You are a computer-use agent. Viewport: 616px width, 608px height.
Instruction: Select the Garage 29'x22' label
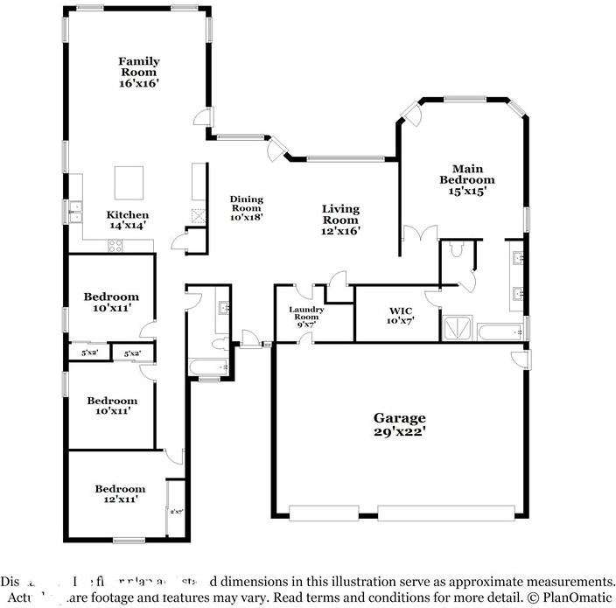401,424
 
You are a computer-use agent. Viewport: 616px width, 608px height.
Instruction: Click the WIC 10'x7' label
400,315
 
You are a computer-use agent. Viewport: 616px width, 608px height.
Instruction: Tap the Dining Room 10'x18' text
247,208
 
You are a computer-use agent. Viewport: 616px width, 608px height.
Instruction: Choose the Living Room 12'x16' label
340,220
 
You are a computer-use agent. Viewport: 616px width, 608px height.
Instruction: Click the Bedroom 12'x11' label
120,493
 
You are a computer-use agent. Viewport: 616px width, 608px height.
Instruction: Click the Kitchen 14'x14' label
128,220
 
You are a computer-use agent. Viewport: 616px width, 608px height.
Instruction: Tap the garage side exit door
521,359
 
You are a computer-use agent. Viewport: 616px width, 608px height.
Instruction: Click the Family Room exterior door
202,119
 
